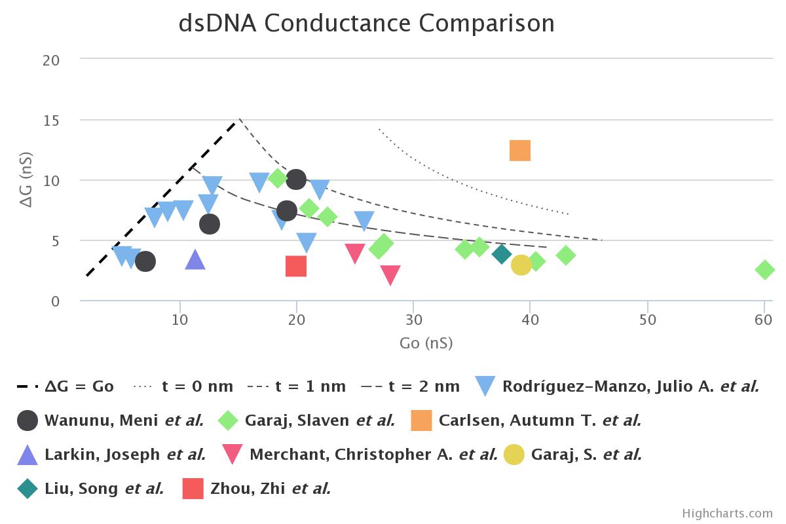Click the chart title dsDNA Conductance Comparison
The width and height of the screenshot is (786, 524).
point(366,23)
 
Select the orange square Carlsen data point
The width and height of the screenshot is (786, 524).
point(519,151)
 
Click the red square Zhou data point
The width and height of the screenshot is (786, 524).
point(296,266)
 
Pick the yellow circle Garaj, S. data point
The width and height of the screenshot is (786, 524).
point(521,265)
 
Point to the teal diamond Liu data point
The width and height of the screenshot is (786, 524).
point(502,254)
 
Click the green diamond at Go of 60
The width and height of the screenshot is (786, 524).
point(764,270)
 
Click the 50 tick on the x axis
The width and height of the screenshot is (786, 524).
point(647,320)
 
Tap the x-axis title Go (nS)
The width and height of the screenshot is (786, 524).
point(426,343)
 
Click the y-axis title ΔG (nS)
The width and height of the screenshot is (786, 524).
point(27,181)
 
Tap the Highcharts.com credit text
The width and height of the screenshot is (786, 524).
point(727,514)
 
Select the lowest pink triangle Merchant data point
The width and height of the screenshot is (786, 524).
point(390,275)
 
